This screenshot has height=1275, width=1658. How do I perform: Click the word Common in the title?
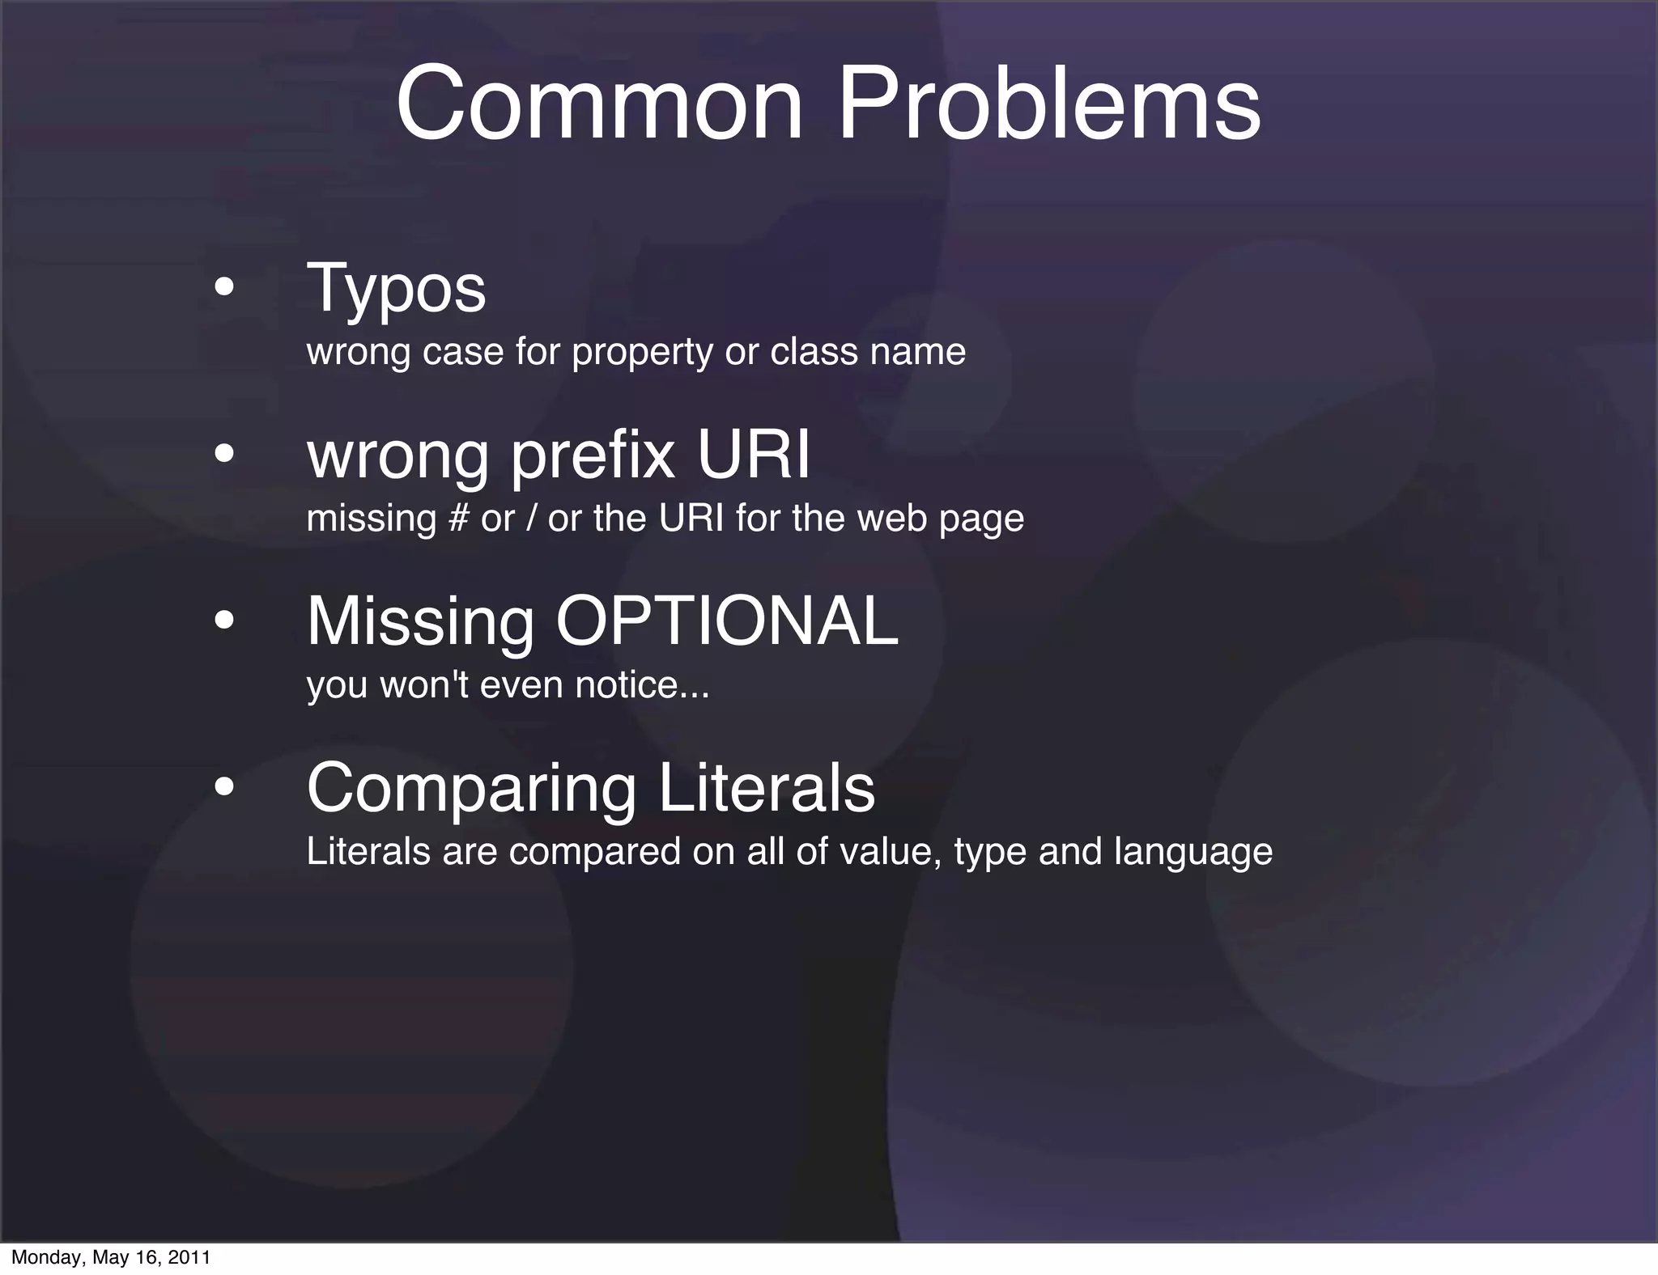pyautogui.click(x=600, y=105)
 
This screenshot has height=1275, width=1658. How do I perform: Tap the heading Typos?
pyautogui.click(x=396, y=290)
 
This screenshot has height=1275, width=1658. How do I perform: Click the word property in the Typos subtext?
pyautogui.click(x=642, y=352)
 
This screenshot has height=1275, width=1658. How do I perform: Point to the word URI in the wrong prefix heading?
pyautogui.click(x=753, y=455)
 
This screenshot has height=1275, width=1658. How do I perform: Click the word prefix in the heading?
pyautogui.click(x=593, y=456)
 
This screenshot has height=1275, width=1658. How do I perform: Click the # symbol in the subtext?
pyautogui.click(x=457, y=519)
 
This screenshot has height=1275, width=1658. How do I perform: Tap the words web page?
pyautogui.click(x=940, y=519)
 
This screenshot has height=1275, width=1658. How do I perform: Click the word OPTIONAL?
pyautogui.click(x=726, y=621)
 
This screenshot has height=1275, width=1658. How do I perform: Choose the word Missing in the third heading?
pyautogui.click(x=420, y=621)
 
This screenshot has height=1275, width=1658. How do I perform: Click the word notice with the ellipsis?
pyautogui.click(x=641, y=685)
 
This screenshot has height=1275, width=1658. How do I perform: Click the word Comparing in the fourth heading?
pyautogui.click(x=471, y=789)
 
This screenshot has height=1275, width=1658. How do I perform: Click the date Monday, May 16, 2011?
pyautogui.click(x=111, y=1257)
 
